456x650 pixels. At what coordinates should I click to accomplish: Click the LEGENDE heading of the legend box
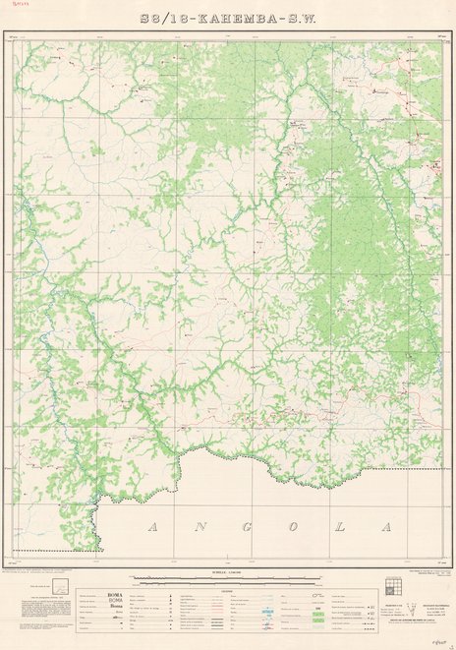click(228, 577)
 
